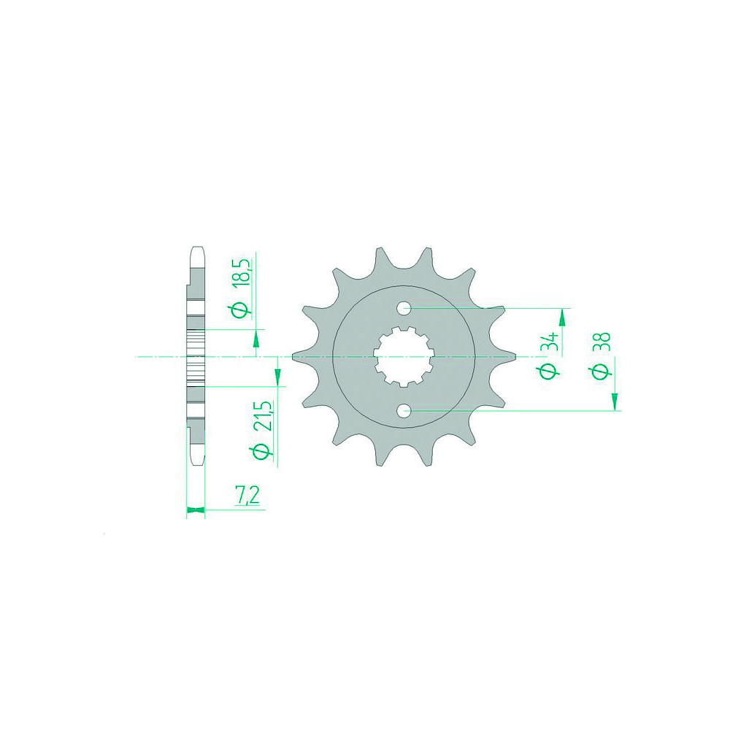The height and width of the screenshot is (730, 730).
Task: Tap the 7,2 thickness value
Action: [x=247, y=496]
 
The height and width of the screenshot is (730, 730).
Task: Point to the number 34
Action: [x=551, y=342]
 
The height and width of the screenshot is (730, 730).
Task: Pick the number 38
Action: [x=602, y=342]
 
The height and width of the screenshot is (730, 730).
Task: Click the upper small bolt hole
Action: [x=404, y=308]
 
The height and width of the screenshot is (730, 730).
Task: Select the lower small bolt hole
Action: [x=404, y=410]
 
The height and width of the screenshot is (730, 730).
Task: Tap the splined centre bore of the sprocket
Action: [x=404, y=357]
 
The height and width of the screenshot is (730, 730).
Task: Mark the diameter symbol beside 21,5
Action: [x=261, y=451]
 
